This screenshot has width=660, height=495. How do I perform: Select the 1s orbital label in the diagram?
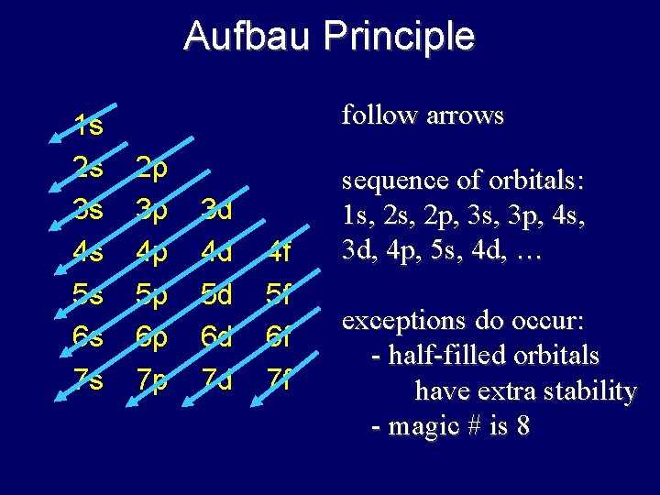(89, 126)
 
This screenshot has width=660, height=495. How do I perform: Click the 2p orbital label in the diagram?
(151, 168)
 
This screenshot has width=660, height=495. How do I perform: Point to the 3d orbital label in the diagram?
(216, 210)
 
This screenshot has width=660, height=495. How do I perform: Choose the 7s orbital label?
(89, 379)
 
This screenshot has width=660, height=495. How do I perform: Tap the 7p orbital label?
(151, 379)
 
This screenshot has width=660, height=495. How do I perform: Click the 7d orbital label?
(216, 379)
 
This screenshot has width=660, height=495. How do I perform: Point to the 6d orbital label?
(216, 336)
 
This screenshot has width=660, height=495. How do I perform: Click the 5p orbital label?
(151, 294)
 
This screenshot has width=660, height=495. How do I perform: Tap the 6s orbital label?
(89, 336)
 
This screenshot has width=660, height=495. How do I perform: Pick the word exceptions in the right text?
(399, 322)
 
